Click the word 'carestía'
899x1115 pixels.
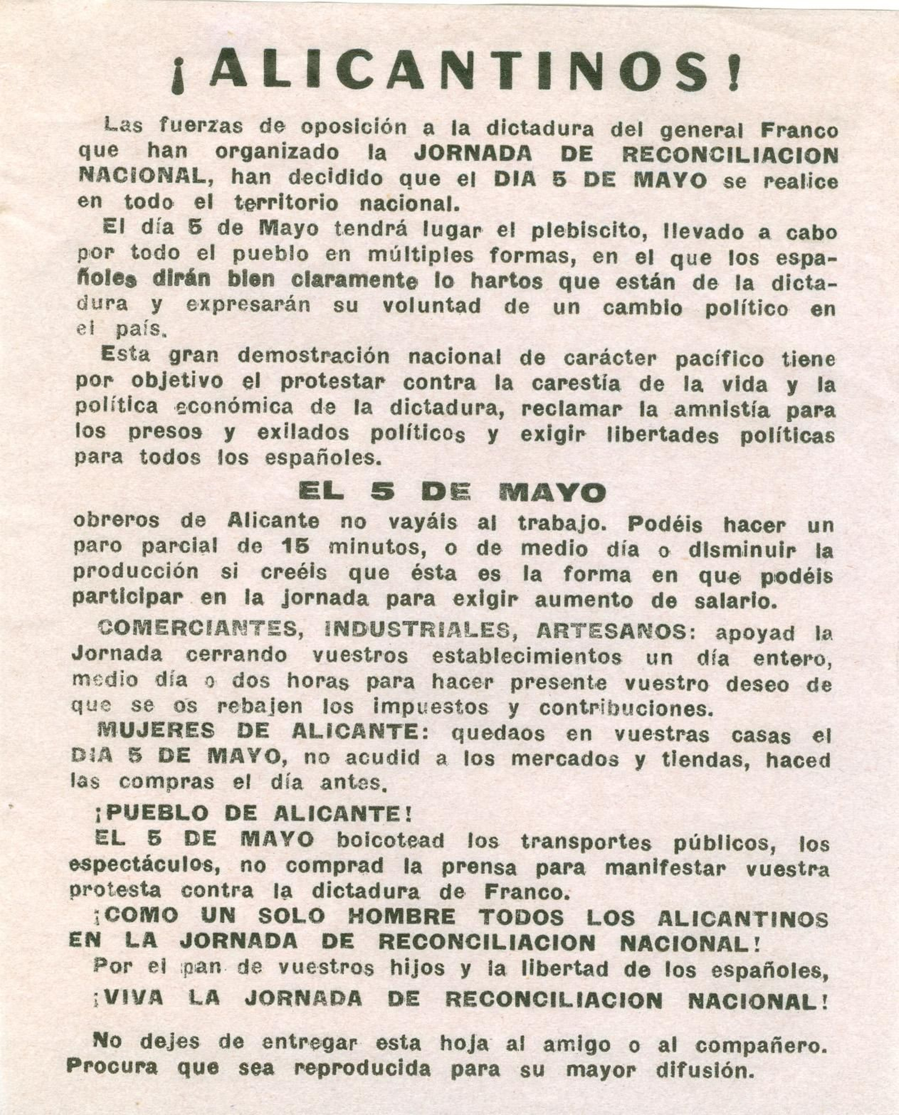[x=576, y=384]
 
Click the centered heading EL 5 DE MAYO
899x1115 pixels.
[x=452, y=493]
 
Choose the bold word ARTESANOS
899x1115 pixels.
[x=610, y=631]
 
